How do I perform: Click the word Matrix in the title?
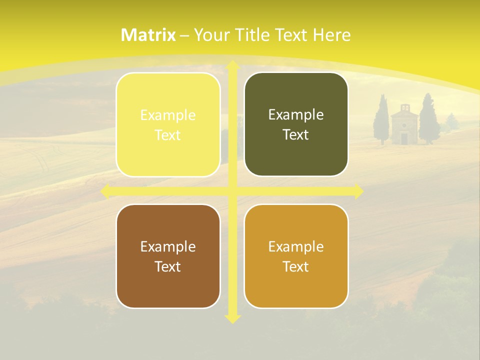point(148,35)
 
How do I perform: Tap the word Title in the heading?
point(251,35)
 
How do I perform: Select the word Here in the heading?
point(331,35)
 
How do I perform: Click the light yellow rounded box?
point(168,124)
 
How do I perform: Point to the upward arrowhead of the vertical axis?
point(232,65)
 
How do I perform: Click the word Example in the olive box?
point(296,115)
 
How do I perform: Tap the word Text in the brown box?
point(168,266)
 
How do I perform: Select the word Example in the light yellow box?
point(168,115)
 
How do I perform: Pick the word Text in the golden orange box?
point(296,266)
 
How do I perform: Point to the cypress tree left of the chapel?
point(382,120)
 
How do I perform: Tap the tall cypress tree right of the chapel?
point(428,120)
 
